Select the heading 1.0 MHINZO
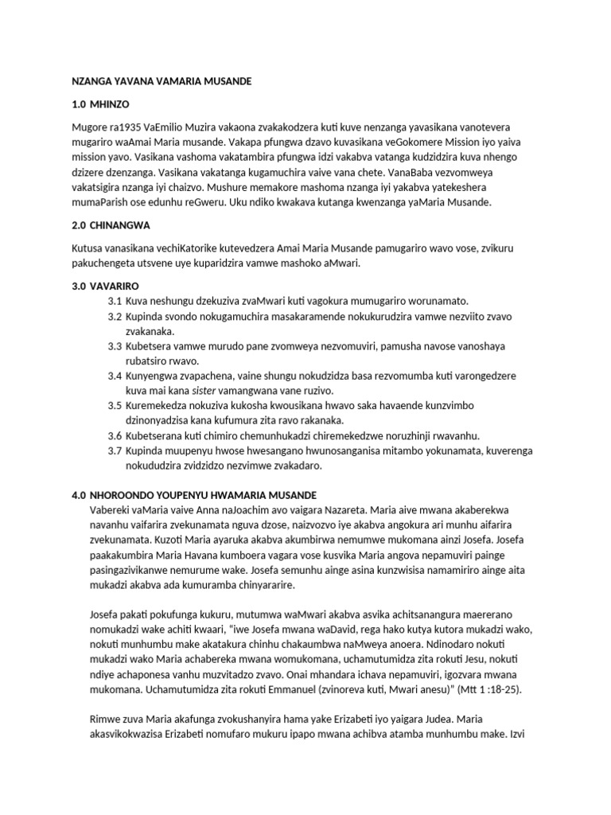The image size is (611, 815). click(x=99, y=105)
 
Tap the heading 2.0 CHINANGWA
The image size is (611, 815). click(x=111, y=225)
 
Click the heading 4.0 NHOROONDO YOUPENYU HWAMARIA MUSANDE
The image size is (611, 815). click(x=194, y=495)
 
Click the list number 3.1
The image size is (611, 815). click(x=115, y=301)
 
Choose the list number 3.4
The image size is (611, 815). click(x=115, y=376)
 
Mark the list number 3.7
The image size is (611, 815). click(x=115, y=450)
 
